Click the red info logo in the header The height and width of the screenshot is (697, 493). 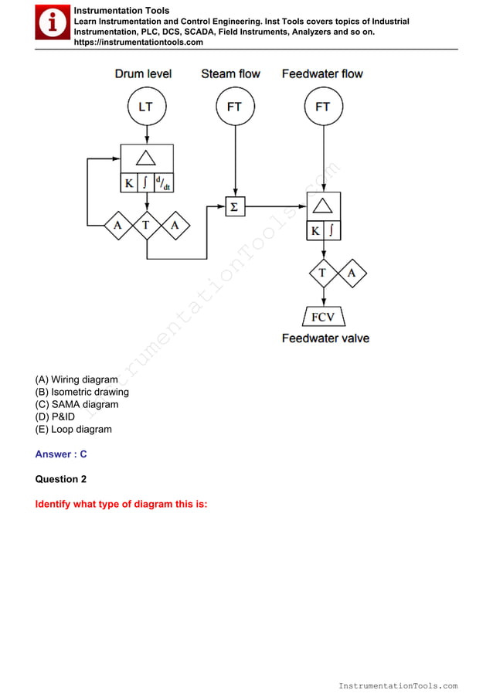click(52, 22)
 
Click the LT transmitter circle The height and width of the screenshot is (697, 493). click(146, 107)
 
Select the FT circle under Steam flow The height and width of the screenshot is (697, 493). click(234, 107)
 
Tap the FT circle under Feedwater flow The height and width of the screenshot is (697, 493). click(322, 107)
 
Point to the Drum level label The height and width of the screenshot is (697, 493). click(143, 74)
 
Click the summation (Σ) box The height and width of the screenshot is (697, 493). click(235, 206)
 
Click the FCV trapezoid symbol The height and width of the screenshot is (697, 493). click(323, 317)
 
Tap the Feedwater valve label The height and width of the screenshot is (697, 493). click(325, 338)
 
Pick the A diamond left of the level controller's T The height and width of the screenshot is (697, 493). click(118, 225)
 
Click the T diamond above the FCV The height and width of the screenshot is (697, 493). click(323, 273)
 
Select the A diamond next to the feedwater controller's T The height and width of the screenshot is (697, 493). click(352, 273)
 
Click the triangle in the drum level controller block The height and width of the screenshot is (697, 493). click(146, 158)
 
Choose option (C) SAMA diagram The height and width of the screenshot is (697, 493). click(76, 404)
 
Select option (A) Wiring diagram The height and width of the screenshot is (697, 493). click(76, 379)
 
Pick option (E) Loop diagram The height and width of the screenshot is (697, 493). click(73, 429)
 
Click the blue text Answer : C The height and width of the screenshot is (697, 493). click(61, 454)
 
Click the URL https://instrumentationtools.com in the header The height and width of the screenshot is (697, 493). click(138, 42)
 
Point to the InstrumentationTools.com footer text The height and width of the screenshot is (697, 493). click(398, 685)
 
